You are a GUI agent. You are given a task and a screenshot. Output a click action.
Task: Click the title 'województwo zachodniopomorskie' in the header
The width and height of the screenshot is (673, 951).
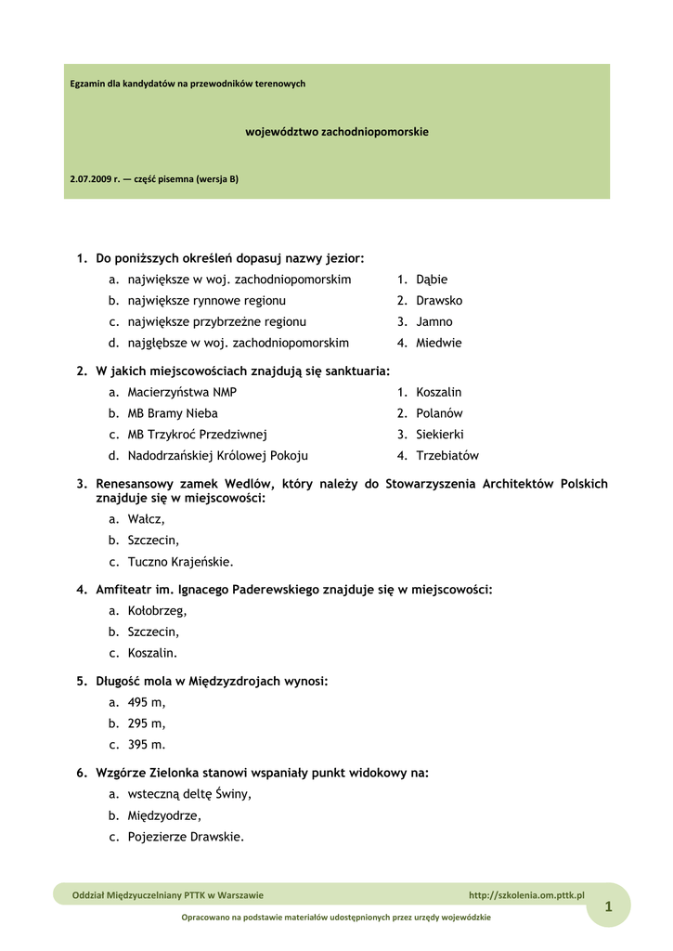coord(336,132)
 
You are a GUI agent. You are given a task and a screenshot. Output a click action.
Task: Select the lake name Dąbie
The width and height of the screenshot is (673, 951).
coord(432,280)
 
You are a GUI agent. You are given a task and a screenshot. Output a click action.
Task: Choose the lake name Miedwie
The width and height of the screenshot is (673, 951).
coord(439,343)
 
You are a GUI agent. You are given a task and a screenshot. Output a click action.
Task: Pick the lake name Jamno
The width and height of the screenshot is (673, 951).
coord(434,322)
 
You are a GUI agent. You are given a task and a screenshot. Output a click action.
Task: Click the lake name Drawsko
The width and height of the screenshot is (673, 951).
coord(439,301)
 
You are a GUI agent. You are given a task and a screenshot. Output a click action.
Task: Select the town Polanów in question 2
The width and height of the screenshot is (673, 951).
coord(439,413)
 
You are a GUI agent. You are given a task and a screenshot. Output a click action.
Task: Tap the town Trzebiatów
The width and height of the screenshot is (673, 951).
coord(447,456)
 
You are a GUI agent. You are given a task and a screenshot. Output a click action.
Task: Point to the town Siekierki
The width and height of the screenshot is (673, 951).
coord(441,435)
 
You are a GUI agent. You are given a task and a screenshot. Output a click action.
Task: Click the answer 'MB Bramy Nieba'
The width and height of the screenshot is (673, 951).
coord(173,413)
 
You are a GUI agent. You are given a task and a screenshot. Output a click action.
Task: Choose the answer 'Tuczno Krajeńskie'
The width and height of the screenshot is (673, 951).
coord(180,562)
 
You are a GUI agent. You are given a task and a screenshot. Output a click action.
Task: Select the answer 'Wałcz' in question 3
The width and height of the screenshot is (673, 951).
coord(146,520)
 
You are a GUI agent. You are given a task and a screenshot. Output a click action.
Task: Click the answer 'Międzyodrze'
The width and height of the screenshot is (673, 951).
coord(164,815)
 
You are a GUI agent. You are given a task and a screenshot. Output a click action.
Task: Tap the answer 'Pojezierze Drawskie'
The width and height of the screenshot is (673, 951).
coord(186,837)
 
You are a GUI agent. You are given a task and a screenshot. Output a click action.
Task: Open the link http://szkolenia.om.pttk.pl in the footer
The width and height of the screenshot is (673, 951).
coord(526,895)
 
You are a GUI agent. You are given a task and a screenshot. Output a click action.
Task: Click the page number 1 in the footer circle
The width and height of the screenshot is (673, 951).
coord(608,907)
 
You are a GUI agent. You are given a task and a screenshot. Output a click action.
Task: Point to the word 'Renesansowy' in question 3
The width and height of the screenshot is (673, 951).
coord(133,484)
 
